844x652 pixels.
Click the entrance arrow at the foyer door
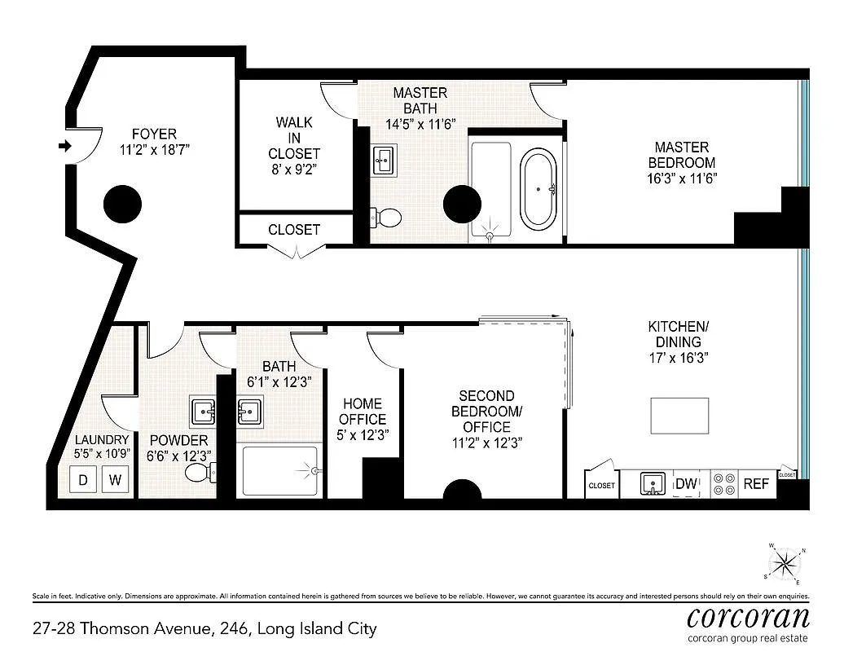[x=65, y=146]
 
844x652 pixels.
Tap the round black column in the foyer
[x=122, y=204]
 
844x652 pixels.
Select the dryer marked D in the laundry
[x=83, y=479]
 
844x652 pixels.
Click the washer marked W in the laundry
[x=115, y=479]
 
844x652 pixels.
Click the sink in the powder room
[x=203, y=412]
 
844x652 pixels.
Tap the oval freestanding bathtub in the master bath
[x=538, y=190]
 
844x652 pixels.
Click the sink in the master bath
[x=385, y=160]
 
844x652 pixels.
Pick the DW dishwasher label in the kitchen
[x=686, y=483]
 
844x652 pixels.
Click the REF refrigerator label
[x=756, y=484]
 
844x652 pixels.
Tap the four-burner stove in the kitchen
[x=724, y=483]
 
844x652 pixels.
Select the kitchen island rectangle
[x=679, y=416]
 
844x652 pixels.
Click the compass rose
[x=785, y=564]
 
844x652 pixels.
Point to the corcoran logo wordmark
[x=748, y=617]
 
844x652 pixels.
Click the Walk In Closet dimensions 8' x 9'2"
[x=294, y=169]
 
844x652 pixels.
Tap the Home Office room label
[x=363, y=412]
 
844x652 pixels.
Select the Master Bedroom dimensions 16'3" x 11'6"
[x=681, y=178]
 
